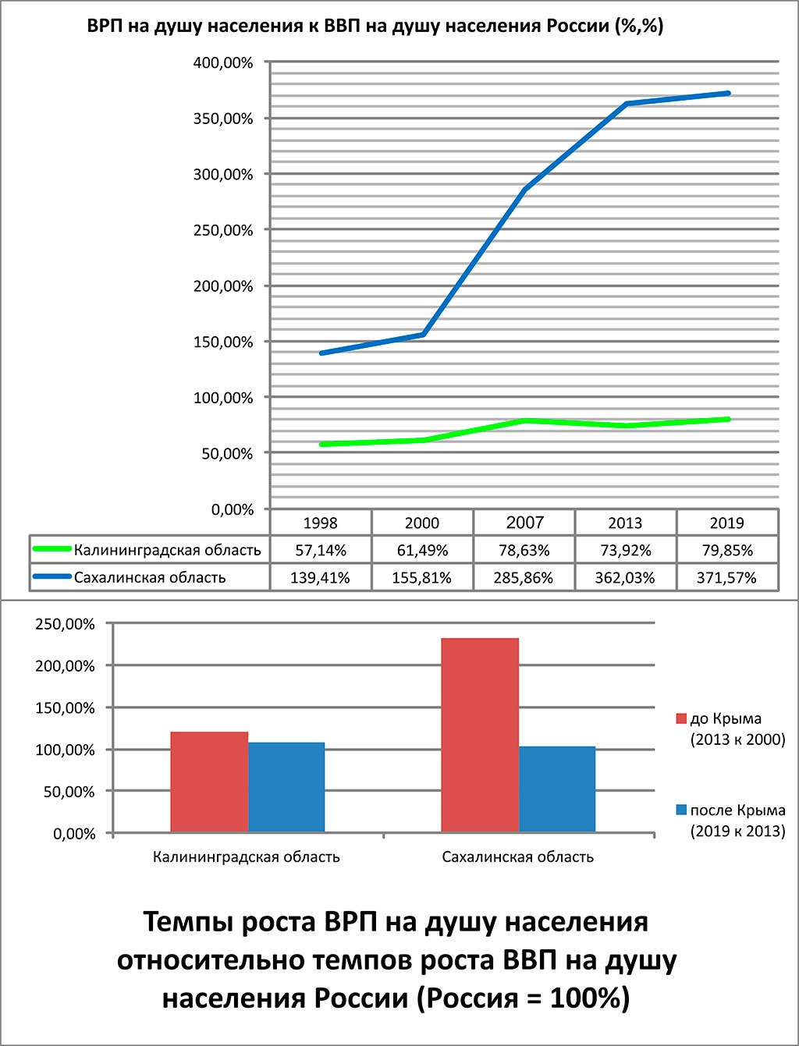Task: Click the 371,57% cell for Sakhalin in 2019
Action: pyautogui.click(x=726, y=578)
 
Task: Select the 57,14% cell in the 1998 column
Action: pyautogui.click(x=321, y=551)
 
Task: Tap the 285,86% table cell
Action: pyautogui.click(x=524, y=578)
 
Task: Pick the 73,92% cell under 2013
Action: pyautogui.click(x=625, y=551)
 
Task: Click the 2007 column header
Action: pyautogui.click(x=524, y=523)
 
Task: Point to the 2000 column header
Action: pyautogui.click(x=422, y=523)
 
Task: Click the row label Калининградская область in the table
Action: pyautogui.click(x=167, y=550)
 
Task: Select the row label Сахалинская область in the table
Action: pyautogui.click(x=150, y=578)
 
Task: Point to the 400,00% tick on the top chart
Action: pyautogui.click(x=223, y=63)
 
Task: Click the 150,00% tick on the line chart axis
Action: pyautogui.click(x=223, y=342)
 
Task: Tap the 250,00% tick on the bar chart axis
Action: pyautogui.click(x=66, y=624)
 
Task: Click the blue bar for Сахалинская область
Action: pyautogui.click(x=557, y=789)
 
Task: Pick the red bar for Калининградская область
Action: pyautogui.click(x=209, y=782)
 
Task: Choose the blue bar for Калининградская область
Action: pyautogui.click(x=286, y=787)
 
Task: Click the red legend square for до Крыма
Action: pyautogui.click(x=681, y=718)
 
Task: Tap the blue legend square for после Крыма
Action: pyautogui.click(x=681, y=810)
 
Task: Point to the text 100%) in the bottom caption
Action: pyautogui.click(x=590, y=998)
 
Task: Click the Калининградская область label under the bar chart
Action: pyautogui.click(x=247, y=857)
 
